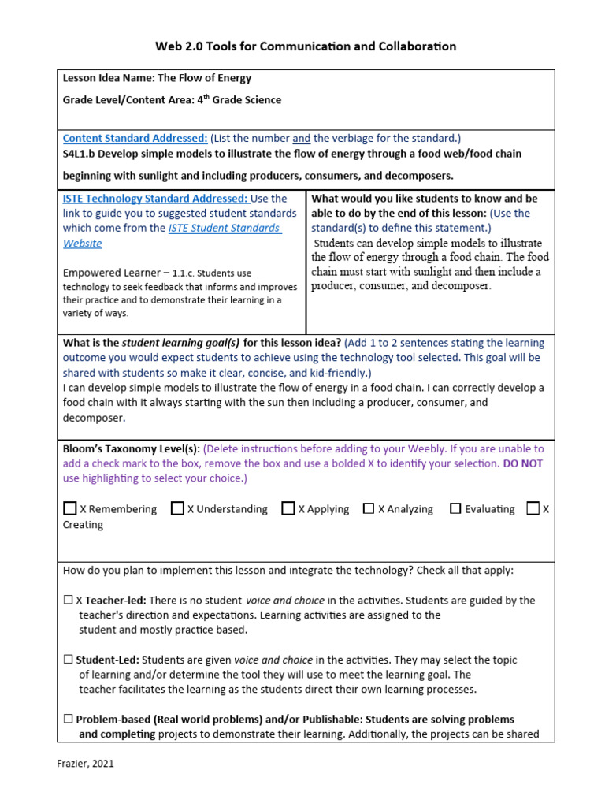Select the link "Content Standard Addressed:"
135,138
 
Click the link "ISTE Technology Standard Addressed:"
155,199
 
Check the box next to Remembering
70,508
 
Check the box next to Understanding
177,508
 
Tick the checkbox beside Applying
288,508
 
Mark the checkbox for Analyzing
369,508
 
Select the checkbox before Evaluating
455,508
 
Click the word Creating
83,525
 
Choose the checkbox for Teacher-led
68,600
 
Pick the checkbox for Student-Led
68,660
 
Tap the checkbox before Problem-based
68,719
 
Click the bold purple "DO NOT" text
525,463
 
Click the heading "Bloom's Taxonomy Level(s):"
132,448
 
